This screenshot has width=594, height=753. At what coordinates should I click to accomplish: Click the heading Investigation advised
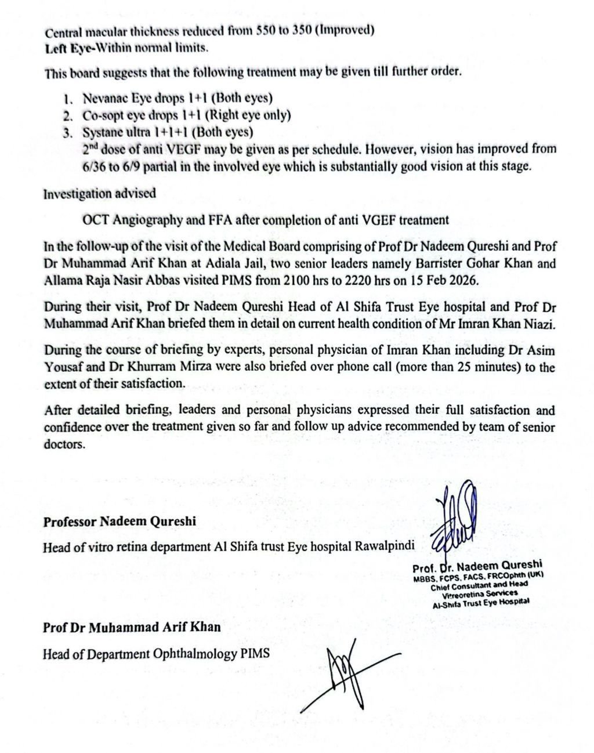point(100,194)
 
